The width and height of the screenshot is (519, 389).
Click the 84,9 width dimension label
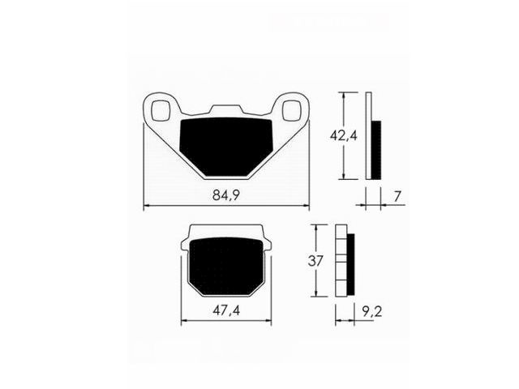(x=226, y=195)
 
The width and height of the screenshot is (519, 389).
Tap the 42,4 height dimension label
(x=344, y=135)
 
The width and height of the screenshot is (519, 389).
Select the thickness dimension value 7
(x=397, y=196)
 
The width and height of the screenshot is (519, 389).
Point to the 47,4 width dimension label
(x=226, y=310)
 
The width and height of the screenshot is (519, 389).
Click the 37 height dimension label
(x=315, y=261)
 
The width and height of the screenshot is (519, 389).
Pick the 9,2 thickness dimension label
(x=372, y=311)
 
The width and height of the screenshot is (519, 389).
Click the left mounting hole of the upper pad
(x=161, y=110)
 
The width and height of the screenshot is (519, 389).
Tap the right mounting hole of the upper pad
(x=292, y=110)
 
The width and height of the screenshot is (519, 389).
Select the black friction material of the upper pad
(x=225, y=147)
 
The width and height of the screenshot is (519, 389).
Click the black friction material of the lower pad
(x=226, y=266)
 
